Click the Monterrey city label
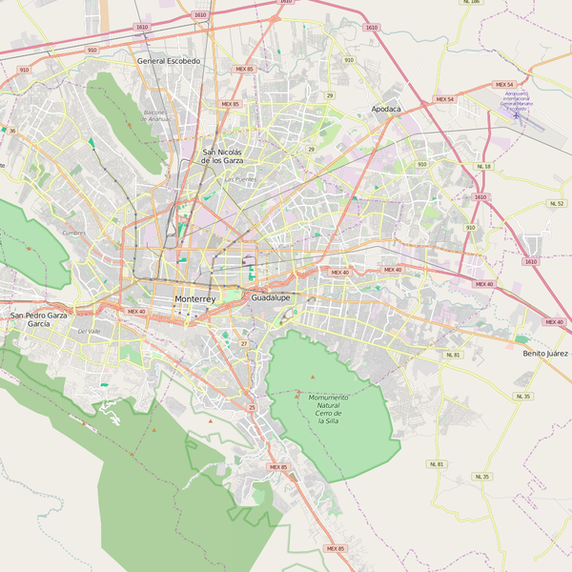(195, 299)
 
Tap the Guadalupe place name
(270, 297)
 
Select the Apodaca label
(386, 110)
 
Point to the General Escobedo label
(169, 61)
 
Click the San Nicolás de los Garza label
(222, 156)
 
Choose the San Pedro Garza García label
(38, 319)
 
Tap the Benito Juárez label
(545, 354)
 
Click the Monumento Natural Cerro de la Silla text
(328, 408)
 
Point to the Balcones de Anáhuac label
(155, 115)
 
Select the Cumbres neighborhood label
(73, 232)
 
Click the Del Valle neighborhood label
(89, 331)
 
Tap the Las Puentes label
(240, 179)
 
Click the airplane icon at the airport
(516, 115)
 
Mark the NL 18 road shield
(483, 167)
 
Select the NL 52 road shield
(557, 203)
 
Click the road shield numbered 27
(244, 343)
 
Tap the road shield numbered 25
(252, 407)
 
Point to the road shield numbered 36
(12, 131)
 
